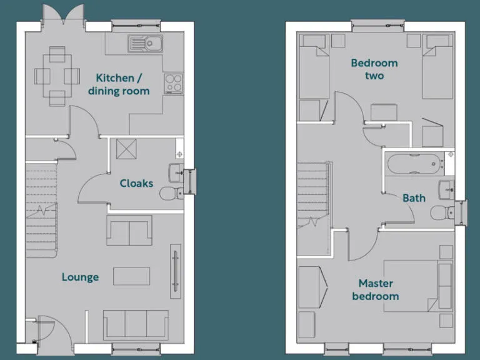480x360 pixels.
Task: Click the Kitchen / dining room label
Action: point(122,84)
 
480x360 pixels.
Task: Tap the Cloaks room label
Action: point(136,183)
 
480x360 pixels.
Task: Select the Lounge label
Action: point(80,277)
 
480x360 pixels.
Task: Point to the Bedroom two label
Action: point(374,69)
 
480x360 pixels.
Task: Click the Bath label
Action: point(414,198)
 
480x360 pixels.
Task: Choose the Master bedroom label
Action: point(375,290)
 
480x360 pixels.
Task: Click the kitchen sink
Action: point(146,43)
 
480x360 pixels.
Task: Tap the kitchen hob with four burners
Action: point(173,82)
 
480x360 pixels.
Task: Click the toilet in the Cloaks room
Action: point(170,194)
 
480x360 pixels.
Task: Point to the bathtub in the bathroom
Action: point(414,165)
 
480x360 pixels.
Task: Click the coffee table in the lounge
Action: point(131,276)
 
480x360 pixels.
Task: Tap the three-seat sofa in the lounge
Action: point(135,324)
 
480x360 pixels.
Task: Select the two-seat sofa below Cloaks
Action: point(129,230)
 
